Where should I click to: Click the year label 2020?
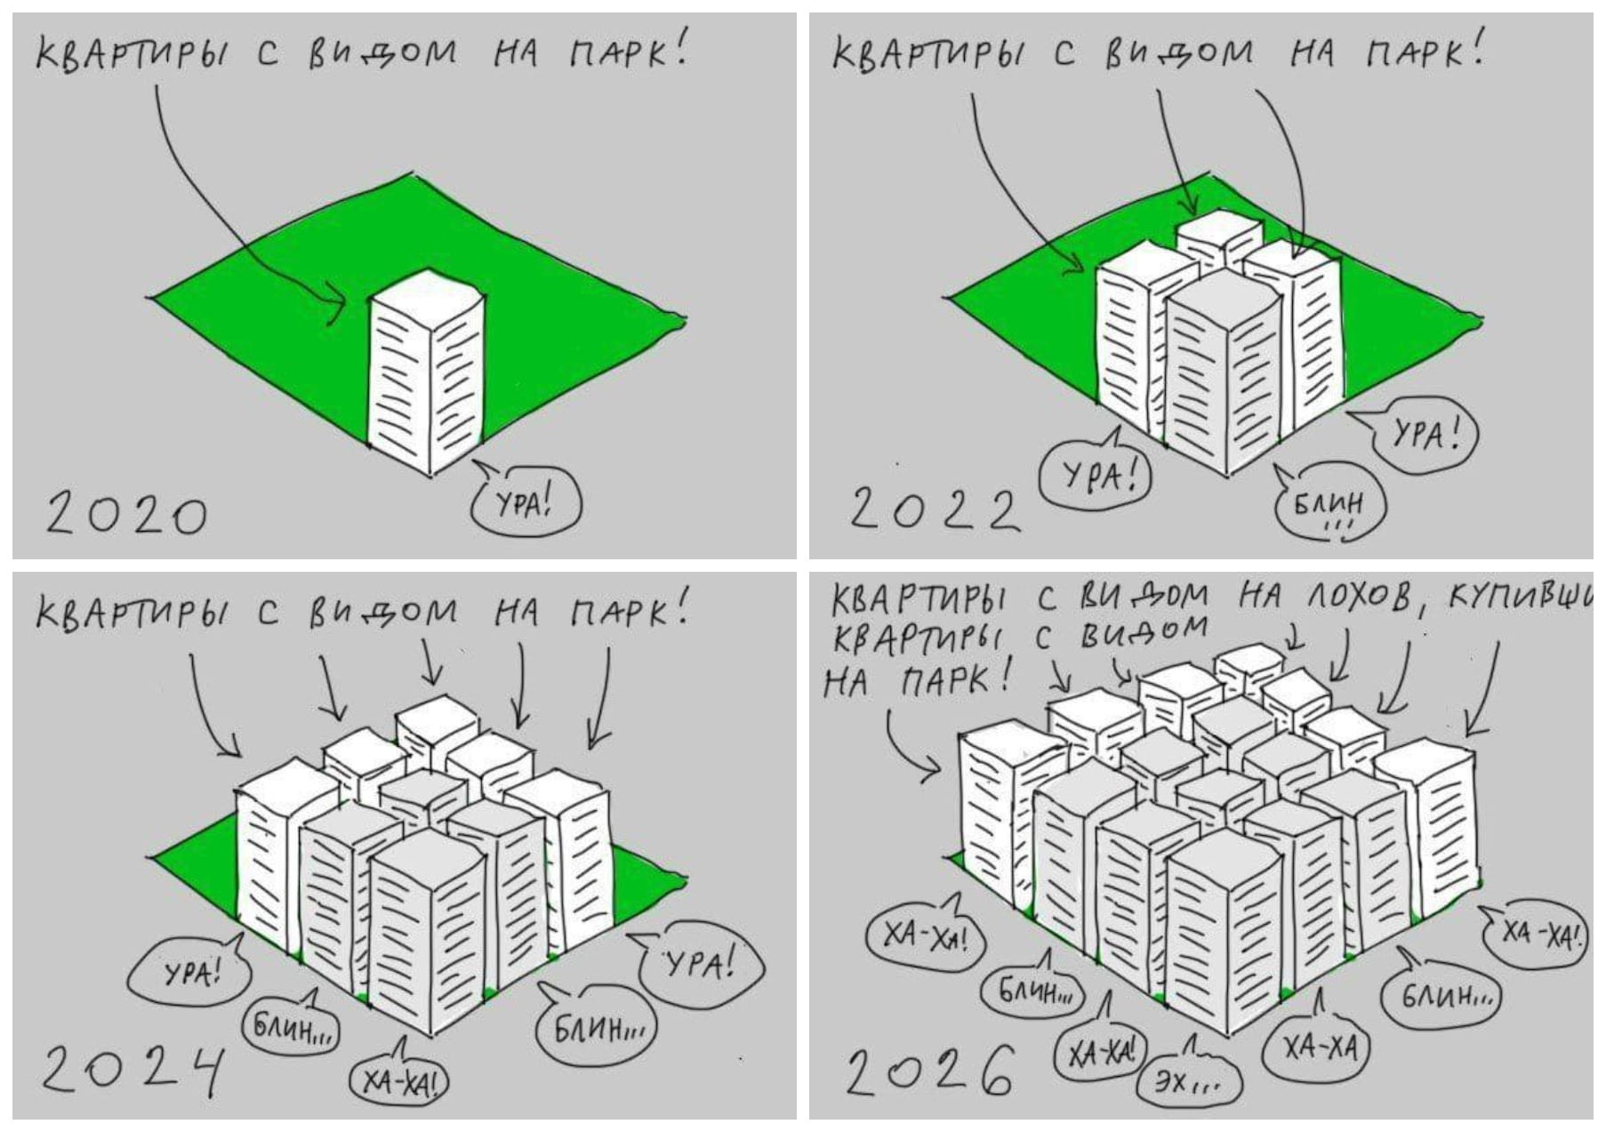[x=125, y=515]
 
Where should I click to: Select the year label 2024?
[x=132, y=1070]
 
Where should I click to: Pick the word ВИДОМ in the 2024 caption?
[x=383, y=611]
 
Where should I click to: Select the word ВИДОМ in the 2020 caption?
[x=381, y=53]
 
